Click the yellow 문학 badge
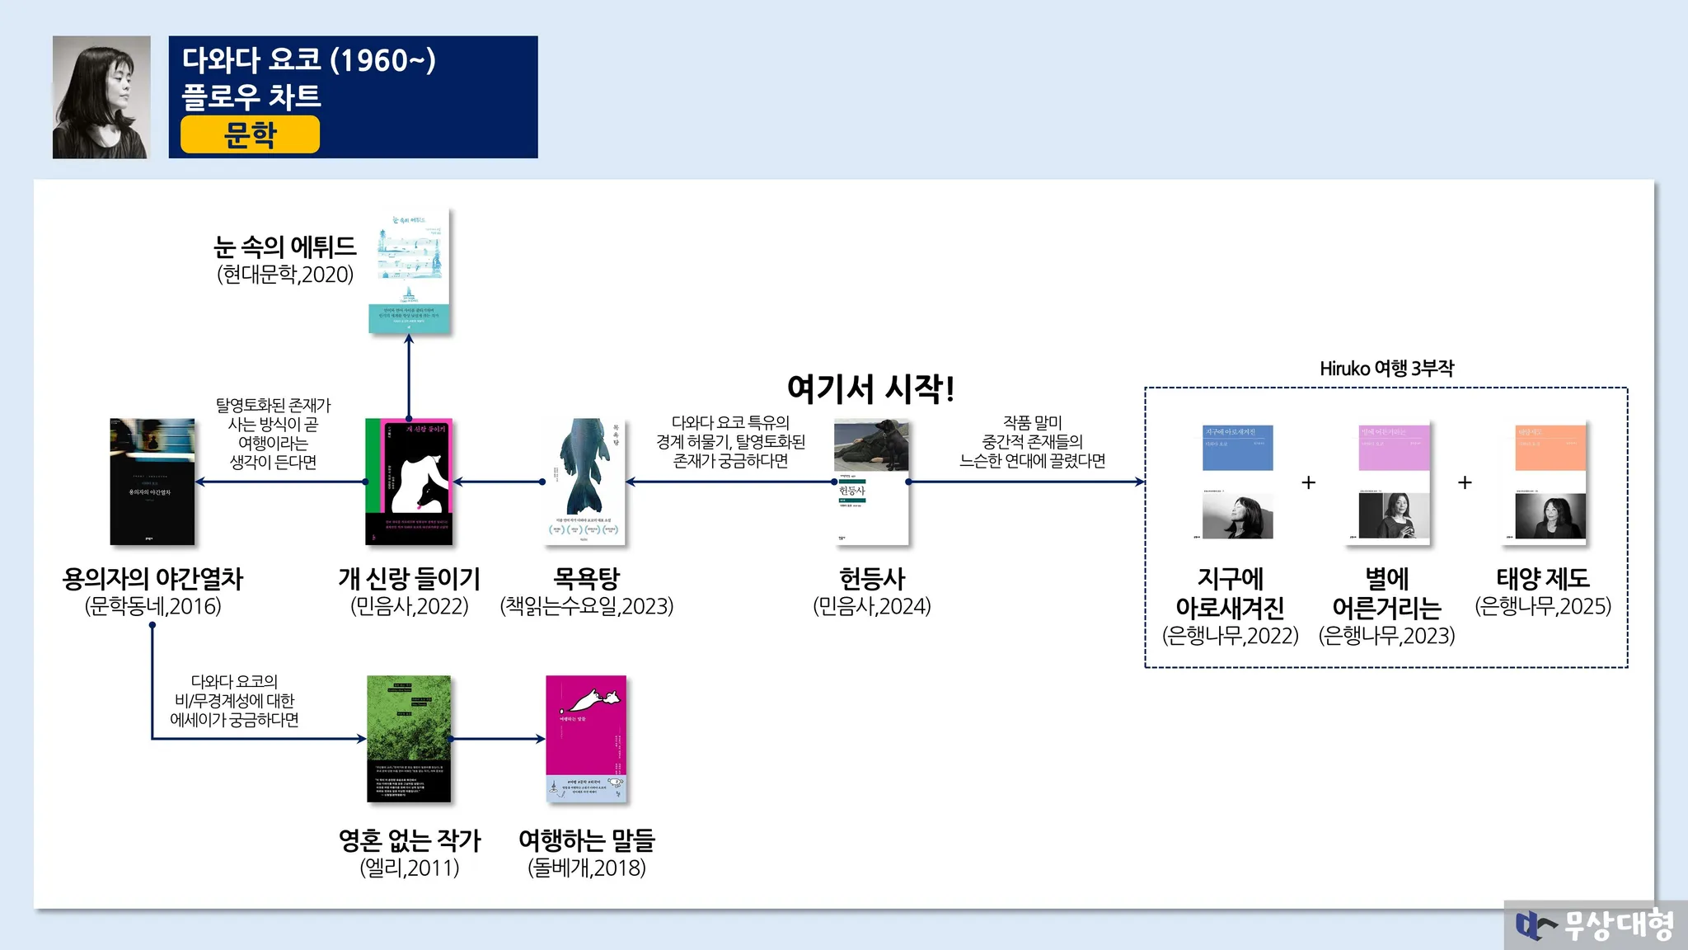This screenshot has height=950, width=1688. (x=250, y=134)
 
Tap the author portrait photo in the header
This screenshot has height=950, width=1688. (x=101, y=96)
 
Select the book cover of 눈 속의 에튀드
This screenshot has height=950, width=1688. (x=409, y=271)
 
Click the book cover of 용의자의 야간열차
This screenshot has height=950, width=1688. (x=152, y=482)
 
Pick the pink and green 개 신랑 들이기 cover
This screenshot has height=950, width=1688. (x=409, y=482)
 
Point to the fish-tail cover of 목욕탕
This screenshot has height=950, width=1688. (x=586, y=482)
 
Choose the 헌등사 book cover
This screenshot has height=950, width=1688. (x=871, y=482)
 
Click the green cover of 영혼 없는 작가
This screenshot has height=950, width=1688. (x=409, y=739)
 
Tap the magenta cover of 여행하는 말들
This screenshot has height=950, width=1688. (x=586, y=739)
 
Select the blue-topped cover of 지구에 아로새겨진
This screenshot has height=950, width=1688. (x=1237, y=482)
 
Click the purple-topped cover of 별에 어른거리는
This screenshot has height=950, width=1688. (x=1394, y=482)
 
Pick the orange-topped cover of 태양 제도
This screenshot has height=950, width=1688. (x=1550, y=482)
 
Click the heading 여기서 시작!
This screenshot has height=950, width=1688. (x=871, y=388)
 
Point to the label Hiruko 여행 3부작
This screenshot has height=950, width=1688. (x=1386, y=368)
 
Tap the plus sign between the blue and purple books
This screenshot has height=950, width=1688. (x=1308, y=482)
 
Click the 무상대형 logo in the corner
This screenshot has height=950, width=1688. (x=1595, y=924)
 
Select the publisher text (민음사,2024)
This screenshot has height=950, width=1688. (x=871, y=606)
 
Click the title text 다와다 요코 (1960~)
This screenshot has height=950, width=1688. (x=309, y=59)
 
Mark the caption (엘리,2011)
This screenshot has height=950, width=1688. (x=409, y=868)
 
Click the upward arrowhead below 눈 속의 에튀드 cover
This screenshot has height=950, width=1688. (x=409, y=340)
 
